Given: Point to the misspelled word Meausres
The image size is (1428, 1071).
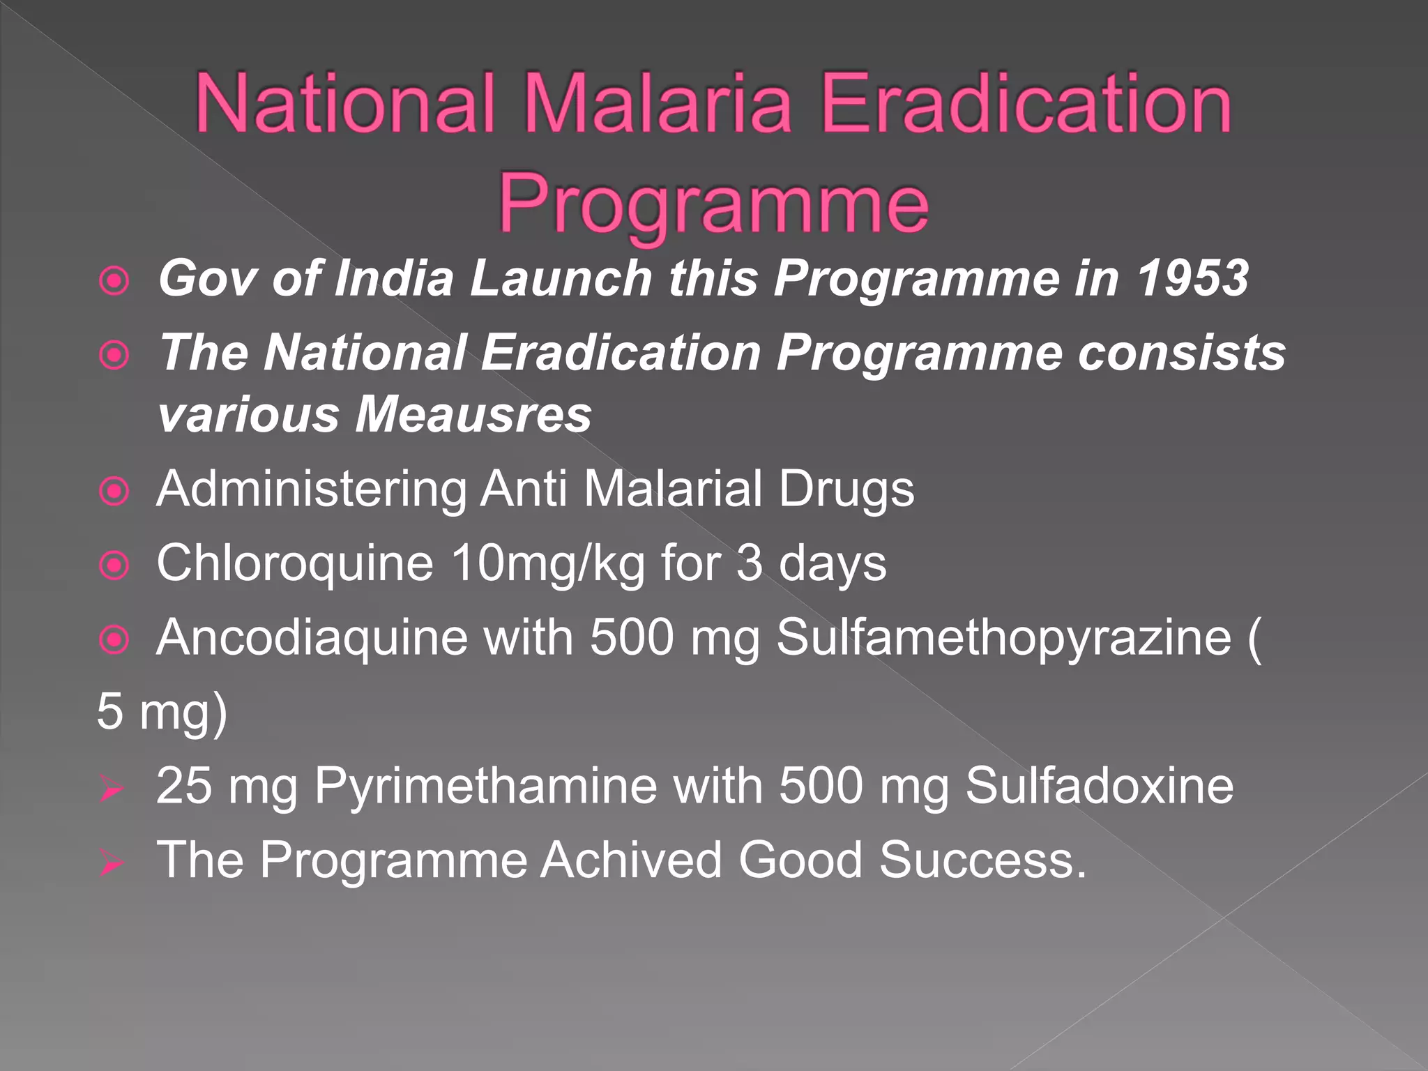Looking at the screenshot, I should coord(474,414).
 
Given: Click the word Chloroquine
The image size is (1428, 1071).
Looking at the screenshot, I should coord(295,563).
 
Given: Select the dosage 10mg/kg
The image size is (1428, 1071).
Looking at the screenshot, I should coord(548,563).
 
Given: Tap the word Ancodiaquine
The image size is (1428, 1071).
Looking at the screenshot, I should coord(312,637).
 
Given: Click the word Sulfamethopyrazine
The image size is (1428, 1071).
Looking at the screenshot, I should coord(1004,637).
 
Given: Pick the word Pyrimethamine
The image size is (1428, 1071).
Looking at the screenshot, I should coord(485,786).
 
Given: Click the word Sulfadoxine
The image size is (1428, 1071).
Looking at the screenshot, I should coord(1100,786).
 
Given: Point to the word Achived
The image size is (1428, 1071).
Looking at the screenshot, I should coord(632,860).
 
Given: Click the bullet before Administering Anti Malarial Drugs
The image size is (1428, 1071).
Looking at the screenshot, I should coord(114,491).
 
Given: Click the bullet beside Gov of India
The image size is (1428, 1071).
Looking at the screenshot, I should coord(114,281).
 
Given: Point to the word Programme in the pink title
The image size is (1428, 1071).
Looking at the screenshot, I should coord(714,204).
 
